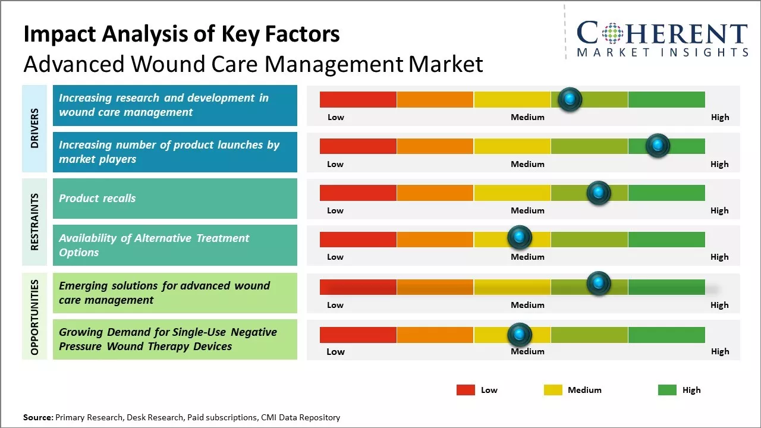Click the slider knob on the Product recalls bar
(598, 193)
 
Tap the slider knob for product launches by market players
(658, 146)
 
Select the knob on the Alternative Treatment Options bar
(520, 238)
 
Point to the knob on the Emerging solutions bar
(598, 284)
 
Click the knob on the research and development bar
(570, 99)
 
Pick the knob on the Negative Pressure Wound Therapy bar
(520, 335)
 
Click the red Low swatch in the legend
(466, 390)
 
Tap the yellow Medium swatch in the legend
(553, 390)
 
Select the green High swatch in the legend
(667, 390)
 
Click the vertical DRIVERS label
(34, 128)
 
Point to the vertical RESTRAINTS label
(34, 221)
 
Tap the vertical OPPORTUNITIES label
(34, 317)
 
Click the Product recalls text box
(175, 199)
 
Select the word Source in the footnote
(37, 418)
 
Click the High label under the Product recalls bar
(719, 210)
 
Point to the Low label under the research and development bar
(336, 117)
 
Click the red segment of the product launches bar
(358, 146)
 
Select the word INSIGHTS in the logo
(713, 52)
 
